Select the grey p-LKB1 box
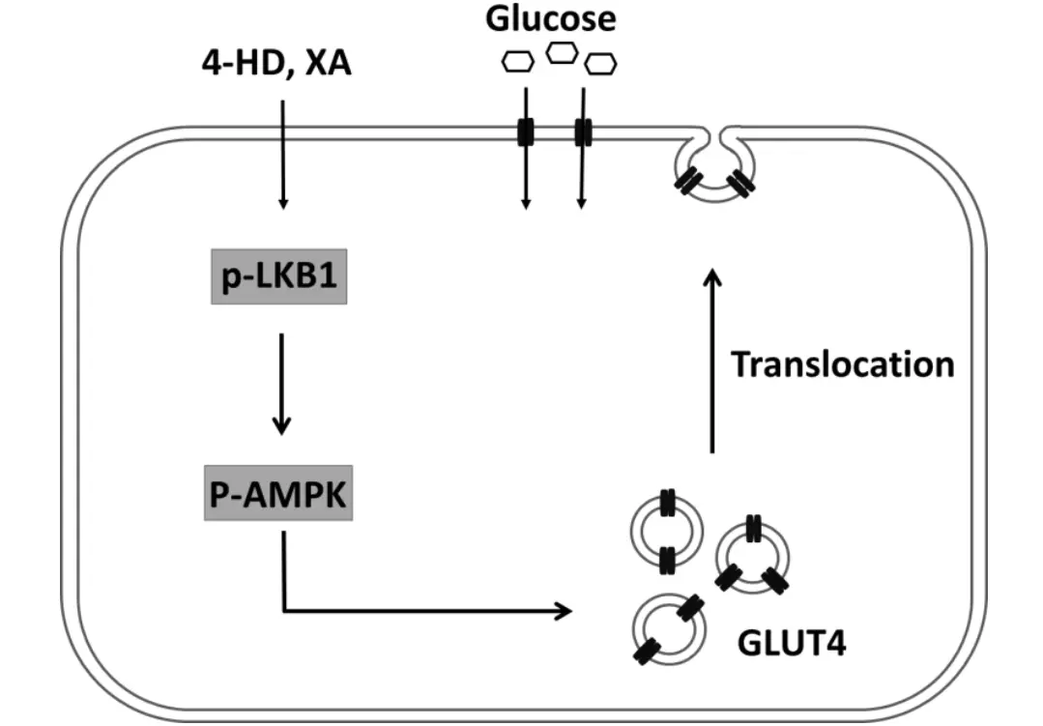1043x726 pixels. (277, 281)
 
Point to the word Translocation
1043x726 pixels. (842, 364)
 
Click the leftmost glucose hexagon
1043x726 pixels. (517, 63)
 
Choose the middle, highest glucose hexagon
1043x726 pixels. (561, 52)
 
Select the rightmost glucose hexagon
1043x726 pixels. (601, 64)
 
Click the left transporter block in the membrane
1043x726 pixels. (525, 132)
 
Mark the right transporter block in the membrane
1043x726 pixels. (583, 132)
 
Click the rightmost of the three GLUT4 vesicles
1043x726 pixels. (752, 555)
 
